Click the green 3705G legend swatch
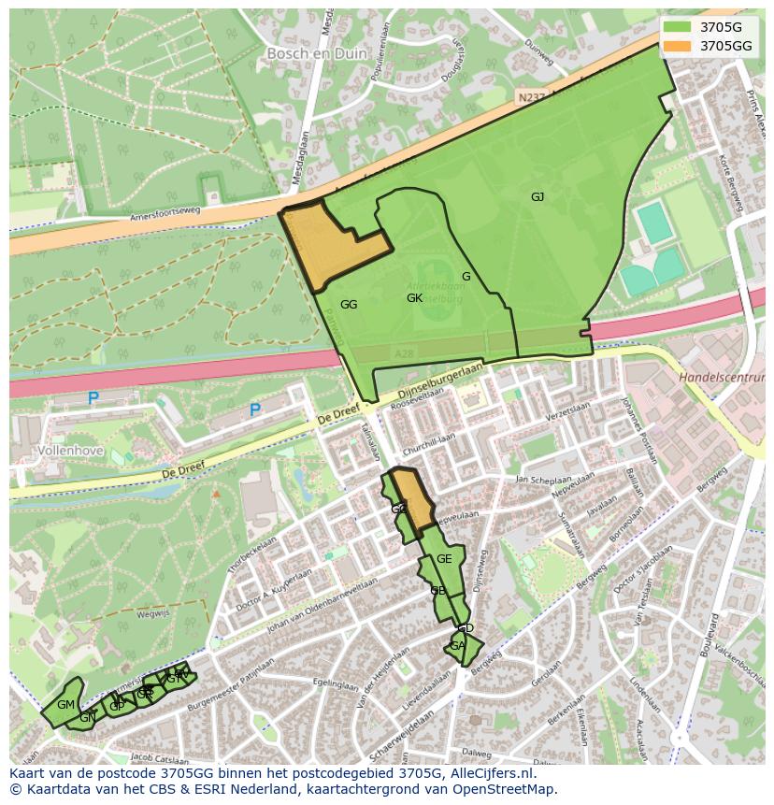[x=678, y=27]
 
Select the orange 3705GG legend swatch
[x=678, y=46]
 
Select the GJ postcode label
[x=537, y=197]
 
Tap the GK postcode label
[x=415, y=298]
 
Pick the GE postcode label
[x=444, y=559]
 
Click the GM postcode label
[x=65, y=705]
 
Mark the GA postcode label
[x=457, y=646]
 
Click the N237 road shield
[x=529, y=95]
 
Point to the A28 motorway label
[x=404, y=353]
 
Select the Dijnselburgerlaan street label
[x=439, y=381]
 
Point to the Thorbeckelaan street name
[x=251, y=554]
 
